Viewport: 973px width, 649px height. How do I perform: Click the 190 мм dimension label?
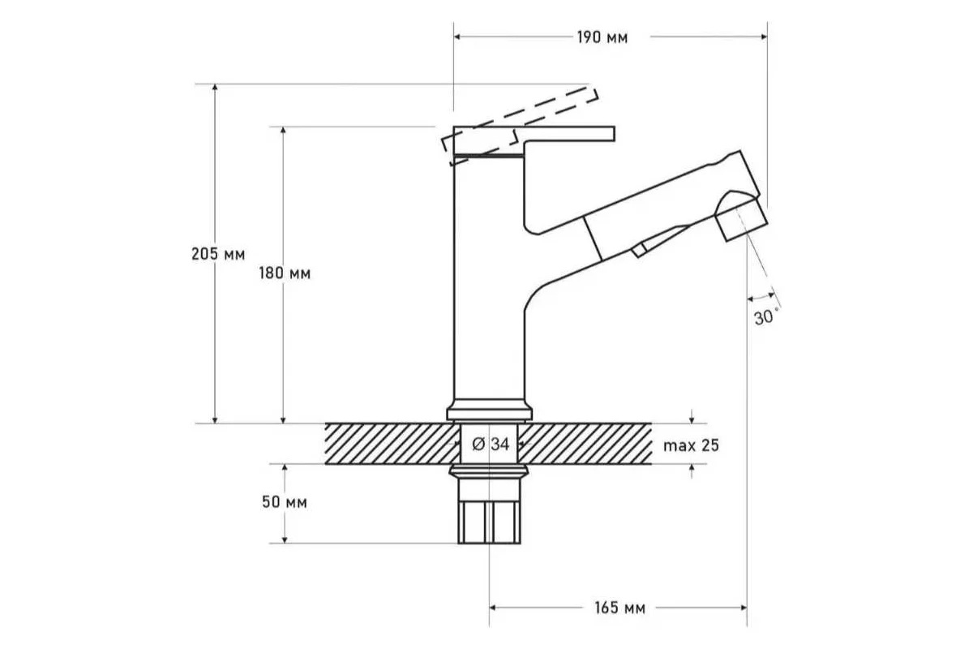(602, 38)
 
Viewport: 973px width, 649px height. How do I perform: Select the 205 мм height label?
(218, 254)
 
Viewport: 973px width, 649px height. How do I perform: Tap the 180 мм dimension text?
(285, 273)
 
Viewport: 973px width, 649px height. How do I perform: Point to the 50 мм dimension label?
(285, 502)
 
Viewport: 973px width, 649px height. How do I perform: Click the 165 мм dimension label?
(619, 608)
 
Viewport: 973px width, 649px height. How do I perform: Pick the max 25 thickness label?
(691, 445)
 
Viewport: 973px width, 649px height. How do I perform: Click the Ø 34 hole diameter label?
(491, 445)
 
